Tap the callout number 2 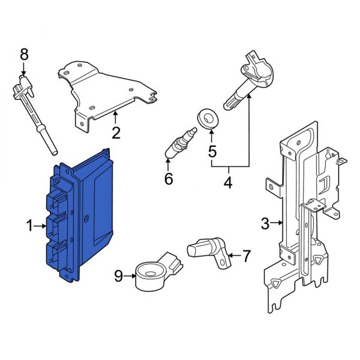tap(116, 133)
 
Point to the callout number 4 tap(227, 182)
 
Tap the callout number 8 tap(24, 55)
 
